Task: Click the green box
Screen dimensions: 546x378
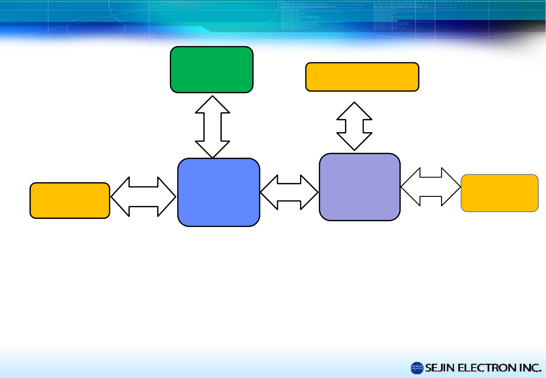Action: click(212, 70)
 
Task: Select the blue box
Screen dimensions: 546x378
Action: click(219, 192)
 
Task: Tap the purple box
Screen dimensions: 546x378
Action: click(360, 187)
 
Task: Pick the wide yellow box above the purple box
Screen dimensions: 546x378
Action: click(362, 77)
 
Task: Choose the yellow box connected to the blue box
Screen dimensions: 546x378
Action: click(70, 200)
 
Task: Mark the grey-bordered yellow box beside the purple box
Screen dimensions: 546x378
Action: click(499, 193)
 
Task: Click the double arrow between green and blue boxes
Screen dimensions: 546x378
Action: click(212, 127)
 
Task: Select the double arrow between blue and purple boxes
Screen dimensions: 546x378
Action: click(289, 192)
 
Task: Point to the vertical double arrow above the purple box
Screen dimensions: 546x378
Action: click(354, 126)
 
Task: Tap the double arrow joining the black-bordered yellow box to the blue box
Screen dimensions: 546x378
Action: click(143, 197)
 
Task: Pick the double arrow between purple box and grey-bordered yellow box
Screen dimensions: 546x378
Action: click(431, 187)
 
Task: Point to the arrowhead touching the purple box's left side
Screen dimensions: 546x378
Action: click(310, 192)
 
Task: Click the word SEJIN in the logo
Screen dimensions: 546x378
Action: click(440, 368)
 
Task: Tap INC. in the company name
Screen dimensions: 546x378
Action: click(530, 368)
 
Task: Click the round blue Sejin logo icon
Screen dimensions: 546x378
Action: click(417, 368)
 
